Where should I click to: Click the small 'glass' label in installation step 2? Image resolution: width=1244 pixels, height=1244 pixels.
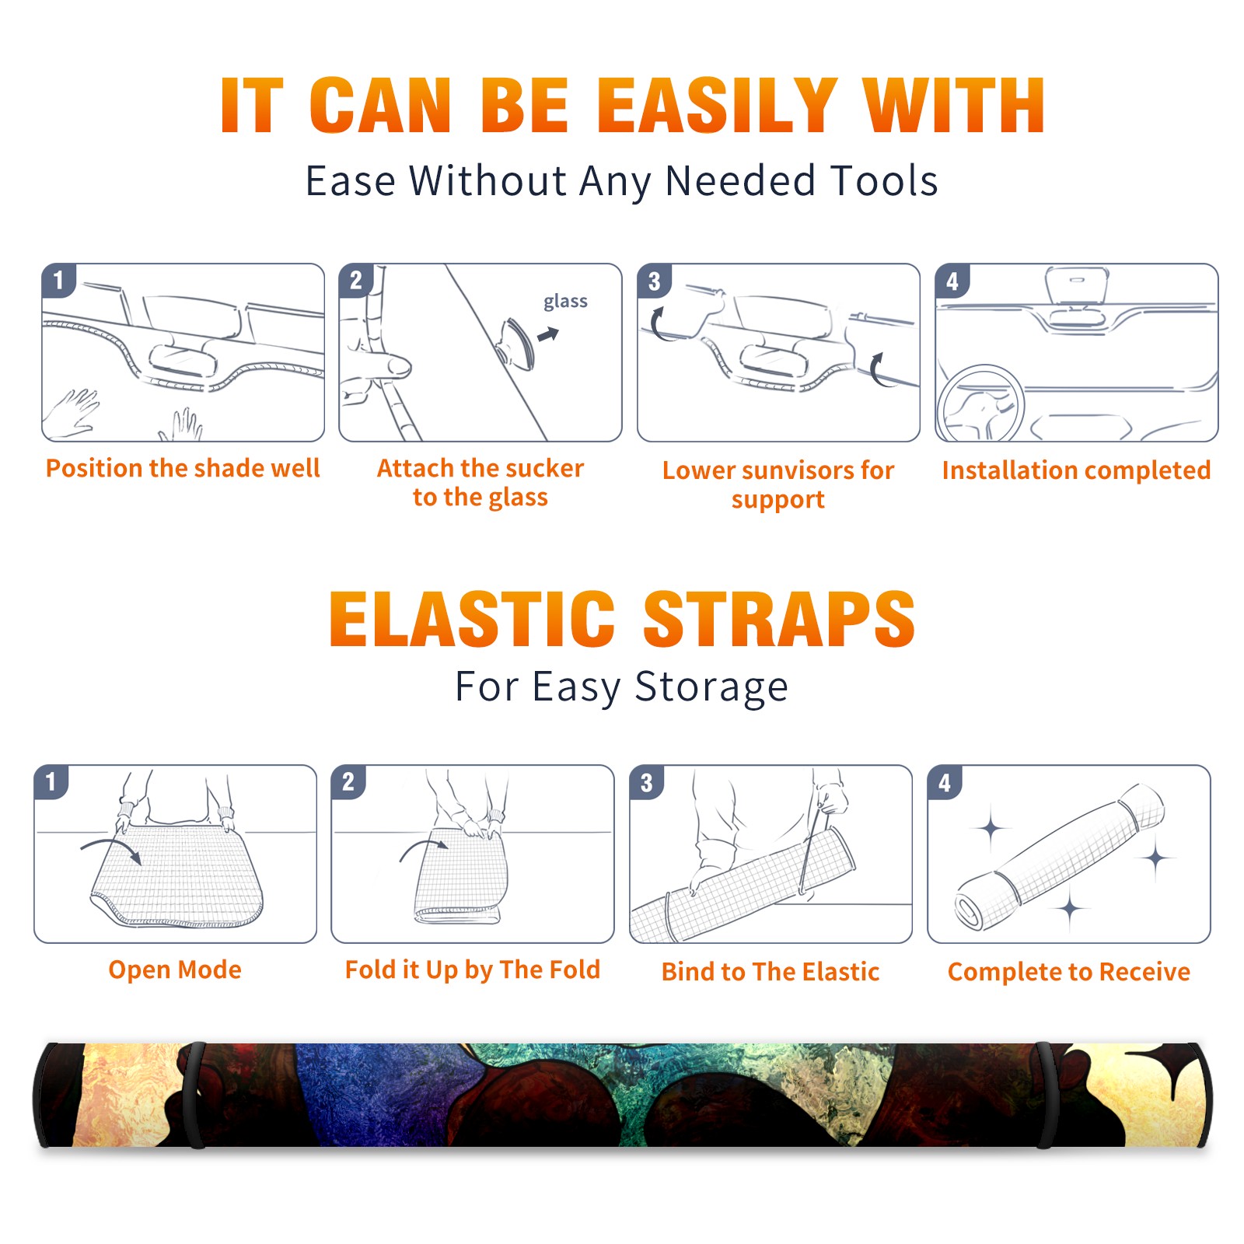click(565, 302)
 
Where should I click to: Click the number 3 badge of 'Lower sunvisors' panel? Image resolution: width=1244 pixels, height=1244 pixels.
click(654, 281)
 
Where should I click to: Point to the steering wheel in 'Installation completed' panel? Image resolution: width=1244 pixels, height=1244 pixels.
click(980, 404)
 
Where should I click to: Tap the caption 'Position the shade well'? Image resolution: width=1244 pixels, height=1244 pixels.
click(183, 468)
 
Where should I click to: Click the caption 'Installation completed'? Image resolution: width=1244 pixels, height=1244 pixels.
click(1076, 470)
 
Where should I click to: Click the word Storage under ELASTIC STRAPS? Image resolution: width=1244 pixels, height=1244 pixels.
click(711, 687)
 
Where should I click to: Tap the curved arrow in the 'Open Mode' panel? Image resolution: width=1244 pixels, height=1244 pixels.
click(111, 849)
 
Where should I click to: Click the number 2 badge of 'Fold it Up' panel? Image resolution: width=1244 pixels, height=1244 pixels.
click(348, 781)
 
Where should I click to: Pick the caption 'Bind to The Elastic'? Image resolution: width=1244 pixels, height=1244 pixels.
click(770, 971)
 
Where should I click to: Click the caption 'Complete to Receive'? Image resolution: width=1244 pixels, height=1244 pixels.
click(1069, 971)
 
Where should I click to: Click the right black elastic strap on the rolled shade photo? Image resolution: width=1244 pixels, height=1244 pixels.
click(1045, 1095)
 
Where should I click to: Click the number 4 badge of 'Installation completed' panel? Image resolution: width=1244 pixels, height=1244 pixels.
click(952, 281)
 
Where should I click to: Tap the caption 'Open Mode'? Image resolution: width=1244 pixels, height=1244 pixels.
click(175, 970)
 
